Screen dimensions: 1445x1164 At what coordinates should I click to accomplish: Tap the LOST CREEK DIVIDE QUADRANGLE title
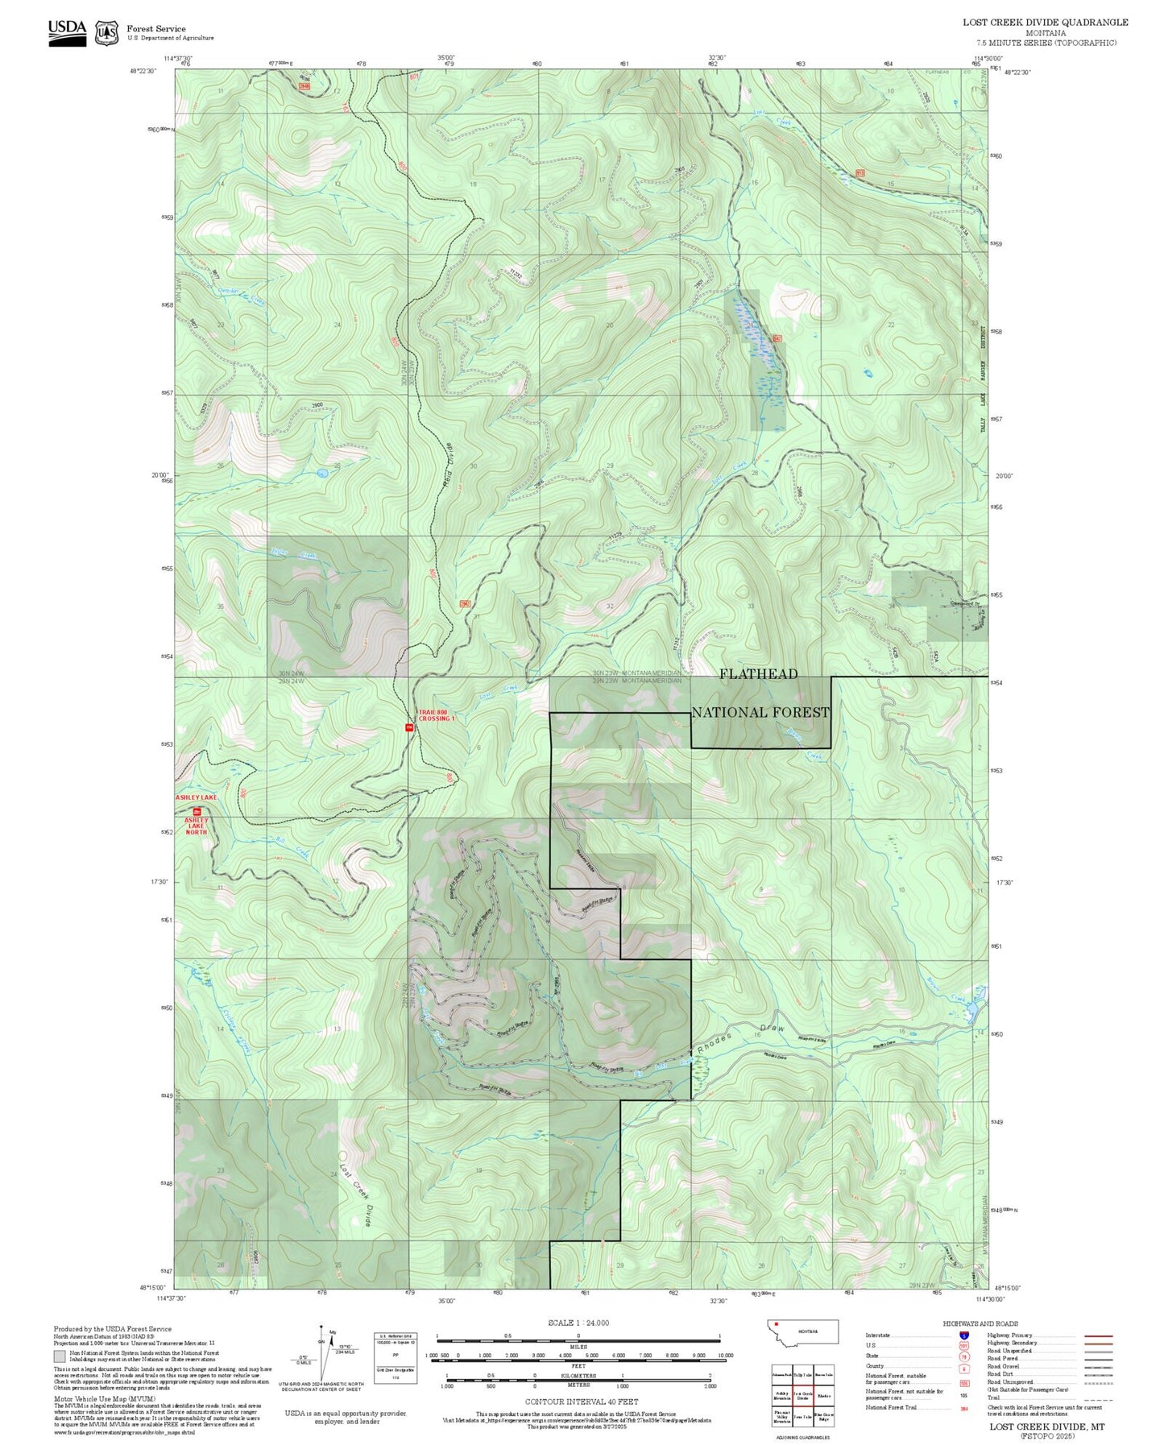[1045, 23]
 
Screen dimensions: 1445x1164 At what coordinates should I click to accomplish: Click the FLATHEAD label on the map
[758, 674]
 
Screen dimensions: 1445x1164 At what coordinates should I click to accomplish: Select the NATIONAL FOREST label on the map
[760, 712]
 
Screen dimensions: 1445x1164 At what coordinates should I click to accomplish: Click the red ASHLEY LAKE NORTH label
[197, 826]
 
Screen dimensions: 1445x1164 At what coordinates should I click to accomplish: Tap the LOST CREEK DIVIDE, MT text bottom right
[1047, 1426]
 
